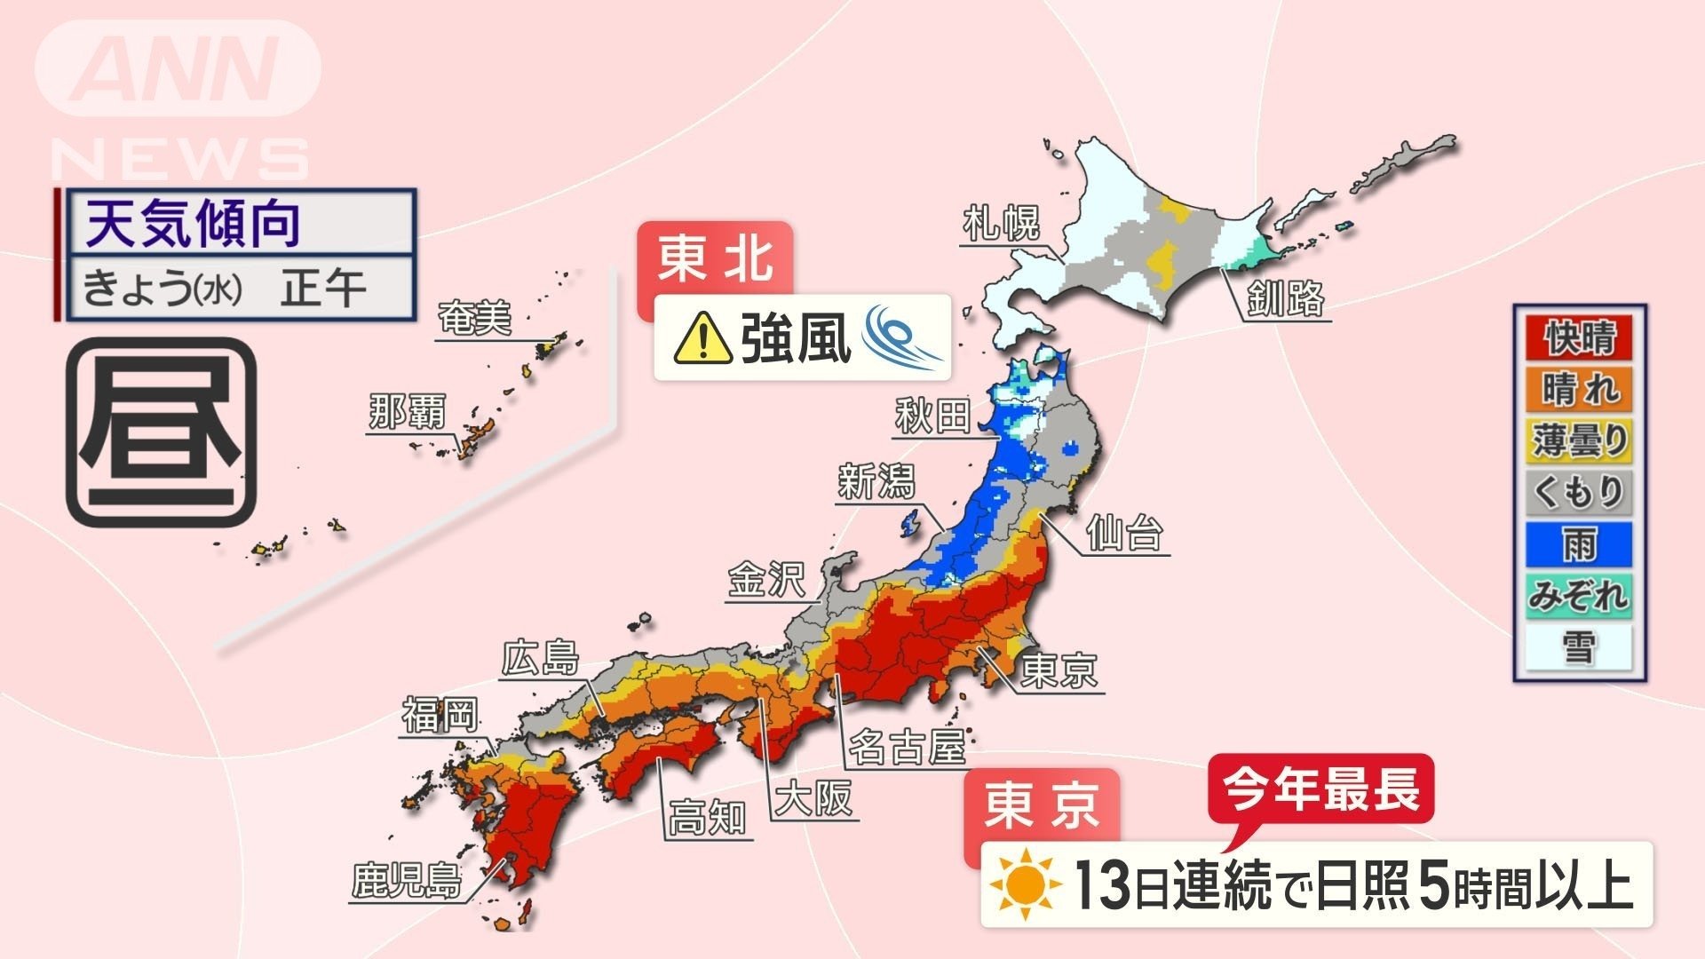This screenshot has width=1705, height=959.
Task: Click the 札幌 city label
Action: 1001,223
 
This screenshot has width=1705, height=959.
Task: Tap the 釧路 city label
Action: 1285,298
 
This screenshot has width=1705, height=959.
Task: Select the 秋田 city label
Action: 932,415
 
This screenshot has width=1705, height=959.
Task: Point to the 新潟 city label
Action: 876,482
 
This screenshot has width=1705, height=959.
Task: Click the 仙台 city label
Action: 1123,533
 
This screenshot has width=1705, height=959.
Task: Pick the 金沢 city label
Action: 766,580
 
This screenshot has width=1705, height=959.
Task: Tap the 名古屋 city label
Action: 907,747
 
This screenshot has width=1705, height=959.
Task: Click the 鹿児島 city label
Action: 407,880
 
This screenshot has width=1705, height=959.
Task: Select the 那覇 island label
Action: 407,412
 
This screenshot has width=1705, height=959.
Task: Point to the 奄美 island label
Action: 475,318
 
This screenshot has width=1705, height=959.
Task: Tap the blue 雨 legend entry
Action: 1580,543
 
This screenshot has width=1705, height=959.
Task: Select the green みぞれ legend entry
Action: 1580,595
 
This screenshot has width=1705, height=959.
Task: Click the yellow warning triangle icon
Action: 702,338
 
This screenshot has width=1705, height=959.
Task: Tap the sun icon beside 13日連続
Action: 1025,884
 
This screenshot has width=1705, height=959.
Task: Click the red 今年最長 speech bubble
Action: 1320,788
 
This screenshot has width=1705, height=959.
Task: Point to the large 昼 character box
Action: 162,432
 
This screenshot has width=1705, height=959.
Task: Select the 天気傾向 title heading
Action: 194,224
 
